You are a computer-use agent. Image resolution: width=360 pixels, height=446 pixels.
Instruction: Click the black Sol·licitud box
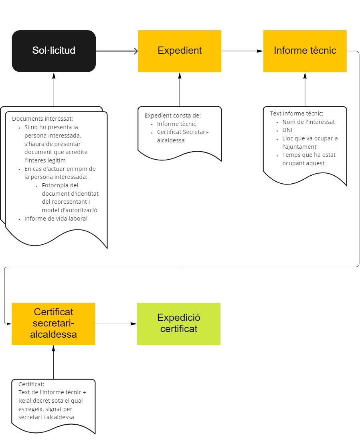pos(54,51)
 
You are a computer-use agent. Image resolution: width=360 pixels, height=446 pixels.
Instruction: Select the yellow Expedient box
pos(180,51)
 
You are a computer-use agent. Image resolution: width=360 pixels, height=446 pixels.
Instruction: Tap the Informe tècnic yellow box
pos(305,51)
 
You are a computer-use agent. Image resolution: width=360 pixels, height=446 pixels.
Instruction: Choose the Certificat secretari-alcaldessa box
pos(53,324)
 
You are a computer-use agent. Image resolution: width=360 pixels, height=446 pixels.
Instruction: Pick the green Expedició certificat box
pos(179,324)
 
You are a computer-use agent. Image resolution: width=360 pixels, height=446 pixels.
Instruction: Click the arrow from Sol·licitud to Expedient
pos(117,51)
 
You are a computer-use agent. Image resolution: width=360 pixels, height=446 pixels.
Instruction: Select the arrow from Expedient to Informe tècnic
pos(242,51)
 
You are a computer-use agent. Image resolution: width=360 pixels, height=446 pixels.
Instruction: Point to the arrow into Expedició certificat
pos(116,324)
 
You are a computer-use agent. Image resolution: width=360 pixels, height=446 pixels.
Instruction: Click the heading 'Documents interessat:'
pos(42,119)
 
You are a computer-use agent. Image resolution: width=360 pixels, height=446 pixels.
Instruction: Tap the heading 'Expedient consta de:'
pos(173,116)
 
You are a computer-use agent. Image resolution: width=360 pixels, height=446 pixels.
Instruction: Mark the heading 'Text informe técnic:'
pos(297,114)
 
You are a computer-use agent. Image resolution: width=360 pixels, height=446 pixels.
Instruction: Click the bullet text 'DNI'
pos(287,130)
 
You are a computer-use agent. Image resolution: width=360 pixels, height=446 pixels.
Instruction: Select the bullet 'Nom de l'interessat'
pos(309,122)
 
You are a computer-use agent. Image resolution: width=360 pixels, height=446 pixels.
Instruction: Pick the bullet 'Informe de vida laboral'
pos(56,219)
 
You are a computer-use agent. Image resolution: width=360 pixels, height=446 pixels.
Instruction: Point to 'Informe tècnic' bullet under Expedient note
pos(176,124)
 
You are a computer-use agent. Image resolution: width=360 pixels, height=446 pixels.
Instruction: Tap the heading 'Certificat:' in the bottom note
pos(31,384)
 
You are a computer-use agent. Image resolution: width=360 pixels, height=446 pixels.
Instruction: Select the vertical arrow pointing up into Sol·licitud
pos(54,89)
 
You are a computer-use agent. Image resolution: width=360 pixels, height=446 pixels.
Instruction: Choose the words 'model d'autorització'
pos(69,210)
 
